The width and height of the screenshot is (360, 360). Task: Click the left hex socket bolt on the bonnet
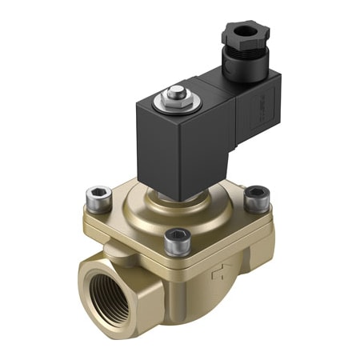[x=98, y=194]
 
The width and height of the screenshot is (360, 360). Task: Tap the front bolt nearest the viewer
[x=177, y=238]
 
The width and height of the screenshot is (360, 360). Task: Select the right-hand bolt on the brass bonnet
[x=255, y=193]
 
